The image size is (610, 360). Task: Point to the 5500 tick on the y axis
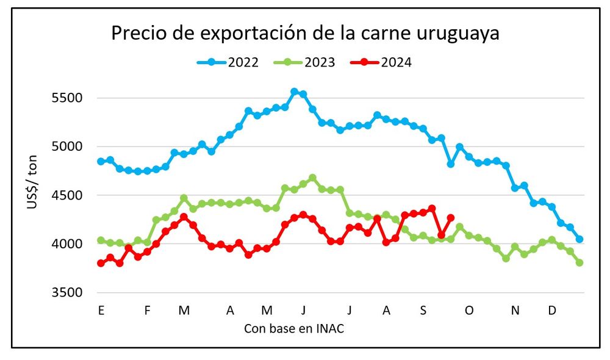coord(78,98)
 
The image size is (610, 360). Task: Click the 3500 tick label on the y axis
coord(78,293)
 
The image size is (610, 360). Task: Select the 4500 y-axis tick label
coord(78,195)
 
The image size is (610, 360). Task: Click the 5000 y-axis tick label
coord(78,146)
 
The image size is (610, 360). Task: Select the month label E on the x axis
coord(101,311)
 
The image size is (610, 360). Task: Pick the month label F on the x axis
coord(147,311)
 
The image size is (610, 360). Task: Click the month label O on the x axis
coord(469,311)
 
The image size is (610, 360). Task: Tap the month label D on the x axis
coord(552,311)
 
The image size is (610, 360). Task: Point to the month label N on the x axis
coord(515,311)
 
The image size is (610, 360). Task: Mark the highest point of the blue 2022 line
coord(294,92)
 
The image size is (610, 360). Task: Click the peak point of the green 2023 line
coord(312,178)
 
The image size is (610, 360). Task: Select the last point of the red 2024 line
coord(451,217)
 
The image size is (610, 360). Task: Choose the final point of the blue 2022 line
coord(579,239)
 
